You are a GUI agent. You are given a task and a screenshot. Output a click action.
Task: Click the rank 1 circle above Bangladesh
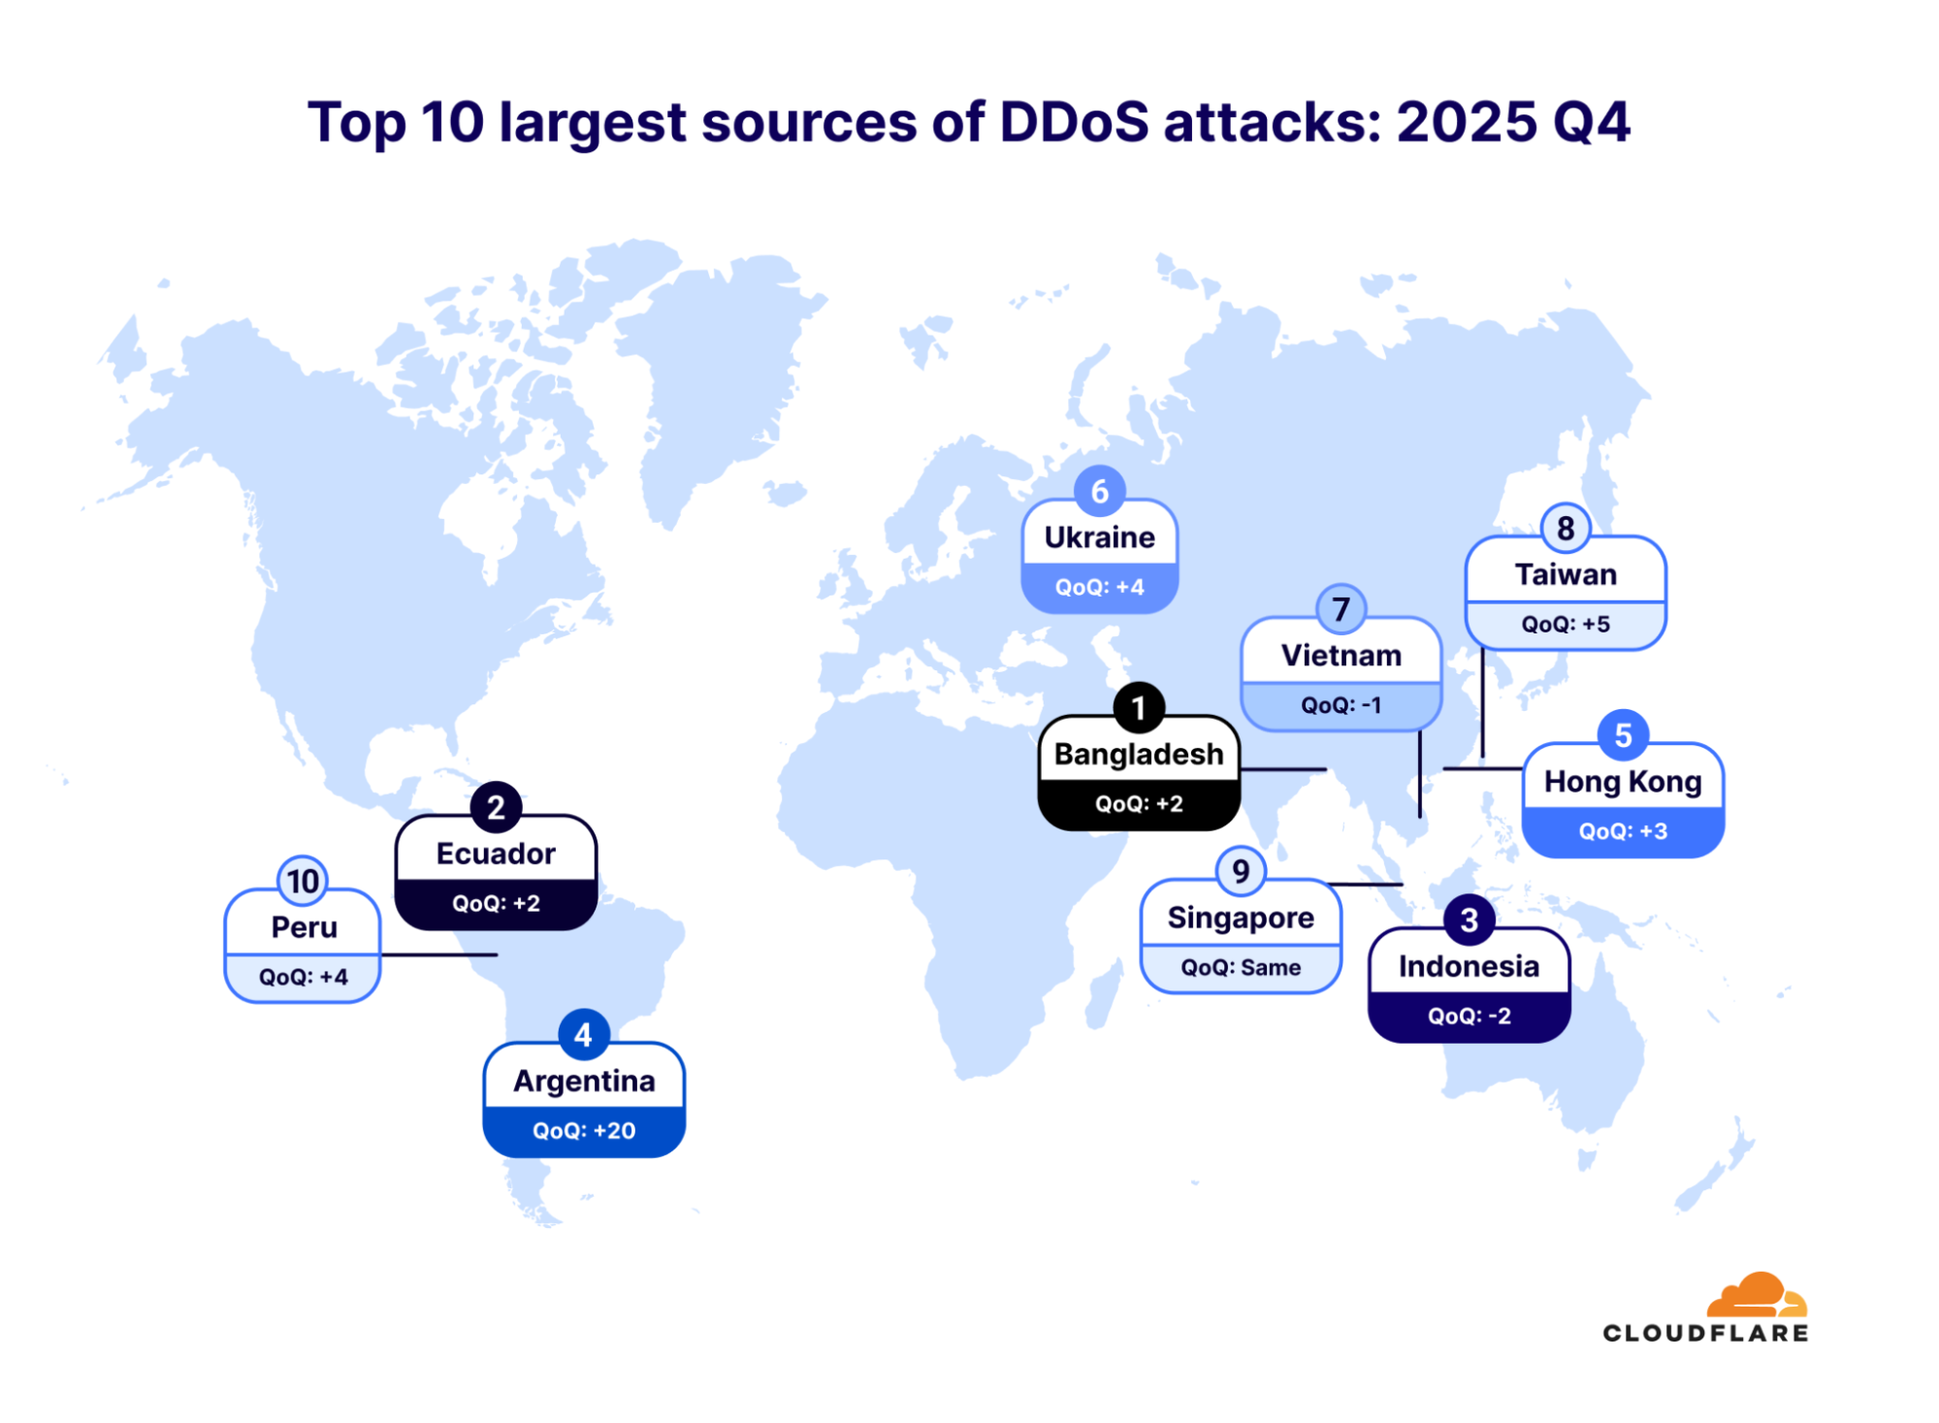[x=1139, y=708]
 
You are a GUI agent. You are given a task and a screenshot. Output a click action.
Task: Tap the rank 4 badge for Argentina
[x=583, y=1035]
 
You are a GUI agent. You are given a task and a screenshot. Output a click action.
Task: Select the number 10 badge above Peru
[x=303, y=881]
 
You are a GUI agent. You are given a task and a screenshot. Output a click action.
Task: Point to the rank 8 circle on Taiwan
[x=1565, y=529]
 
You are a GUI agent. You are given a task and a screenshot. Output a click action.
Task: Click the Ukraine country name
[x=1099, y=537]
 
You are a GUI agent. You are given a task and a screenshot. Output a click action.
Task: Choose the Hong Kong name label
[x=1622, y=782]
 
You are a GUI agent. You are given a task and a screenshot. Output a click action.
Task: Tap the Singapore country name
[x=1241, y=918]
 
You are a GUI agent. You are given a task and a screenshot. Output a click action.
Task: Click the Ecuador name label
[x=496, y=854]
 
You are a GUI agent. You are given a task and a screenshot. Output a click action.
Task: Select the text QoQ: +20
[x=584, y=1130]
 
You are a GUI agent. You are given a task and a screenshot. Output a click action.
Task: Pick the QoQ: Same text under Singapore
[x=1241, y=967]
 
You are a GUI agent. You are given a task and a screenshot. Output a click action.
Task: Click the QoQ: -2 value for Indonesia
[x=1469, y=1016]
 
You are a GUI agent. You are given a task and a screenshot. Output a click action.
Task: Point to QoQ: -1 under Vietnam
[x=1341, y=705]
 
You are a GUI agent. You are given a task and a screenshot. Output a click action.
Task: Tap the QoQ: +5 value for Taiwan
[x=1565, y=624]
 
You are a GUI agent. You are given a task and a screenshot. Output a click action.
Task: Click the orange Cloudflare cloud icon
[x=1756, y=1294]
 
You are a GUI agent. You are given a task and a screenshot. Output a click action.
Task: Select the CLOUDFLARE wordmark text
[x=1705, y=1333]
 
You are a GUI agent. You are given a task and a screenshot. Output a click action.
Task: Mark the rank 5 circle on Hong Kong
[x=1622, y=735]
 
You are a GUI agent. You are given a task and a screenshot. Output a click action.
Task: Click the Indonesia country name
[x=1469, y=966]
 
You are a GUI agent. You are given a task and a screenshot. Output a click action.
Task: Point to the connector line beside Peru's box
[x=438, y=954]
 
